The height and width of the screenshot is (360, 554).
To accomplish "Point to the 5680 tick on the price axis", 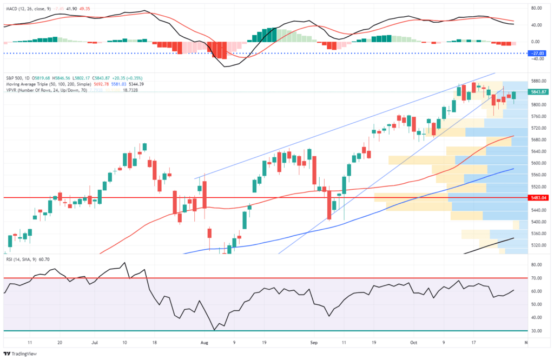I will point(537,140).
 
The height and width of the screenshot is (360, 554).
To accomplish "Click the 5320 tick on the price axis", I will point(537,245).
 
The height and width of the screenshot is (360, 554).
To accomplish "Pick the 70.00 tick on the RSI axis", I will point(537,278).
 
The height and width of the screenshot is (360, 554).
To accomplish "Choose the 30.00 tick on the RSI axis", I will point(537,331).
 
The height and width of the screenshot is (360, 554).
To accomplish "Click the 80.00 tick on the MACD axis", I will point(537,8).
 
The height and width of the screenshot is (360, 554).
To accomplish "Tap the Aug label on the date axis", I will point(204,342).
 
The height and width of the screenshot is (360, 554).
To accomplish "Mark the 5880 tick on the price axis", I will point(537,81).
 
